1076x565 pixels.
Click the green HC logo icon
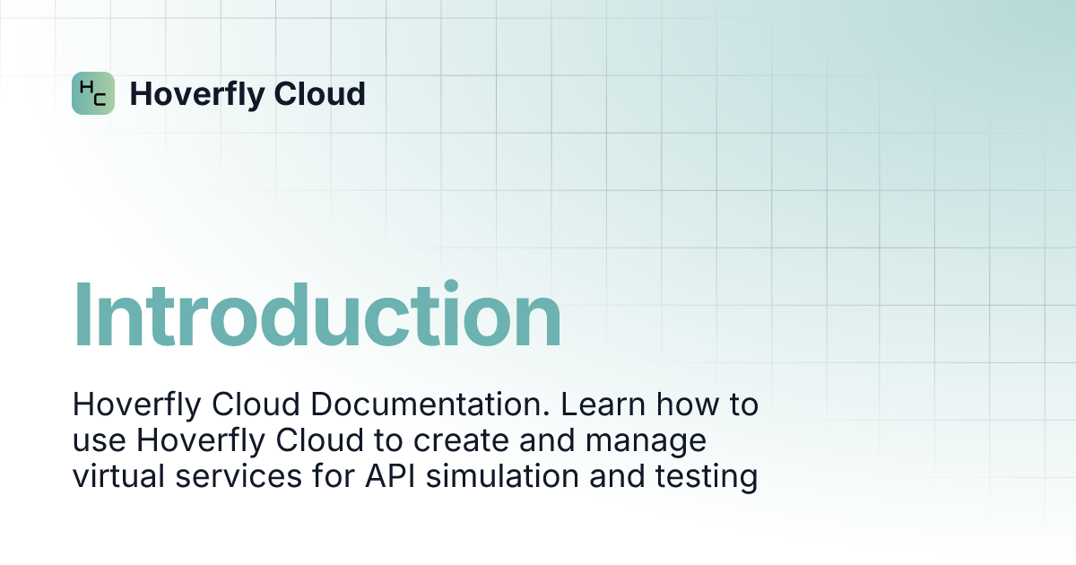coord(93,93)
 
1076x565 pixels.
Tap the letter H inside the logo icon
coord(86,87)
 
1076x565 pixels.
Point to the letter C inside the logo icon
coord(100,100)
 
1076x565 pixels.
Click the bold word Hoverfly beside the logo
coord(197,95)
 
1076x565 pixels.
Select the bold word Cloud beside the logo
coord(320,93)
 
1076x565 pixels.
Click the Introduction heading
coord(317,312)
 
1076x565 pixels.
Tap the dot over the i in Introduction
coord(451,285)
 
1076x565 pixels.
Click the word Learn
coord(603,404)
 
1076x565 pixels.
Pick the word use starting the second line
coord(100,440)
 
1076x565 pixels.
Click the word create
coord(461,440)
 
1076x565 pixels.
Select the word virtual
coord(118,476)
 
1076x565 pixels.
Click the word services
coord(239,476)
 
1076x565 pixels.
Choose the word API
coord(390,476)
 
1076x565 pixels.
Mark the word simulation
coord(502,476)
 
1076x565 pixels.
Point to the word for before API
coord(334,475)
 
